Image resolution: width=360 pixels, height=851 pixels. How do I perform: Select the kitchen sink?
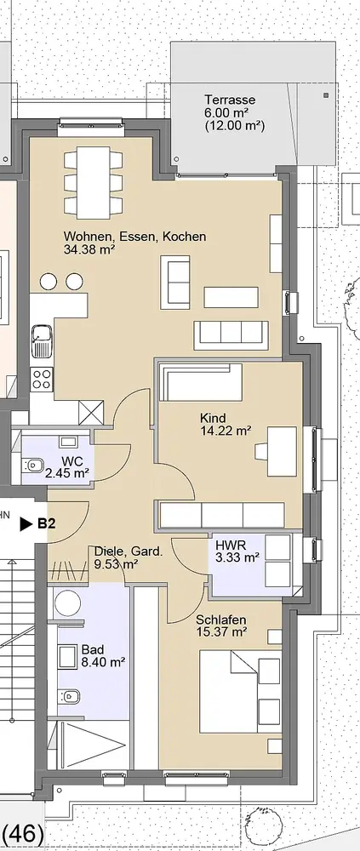click(41, 341)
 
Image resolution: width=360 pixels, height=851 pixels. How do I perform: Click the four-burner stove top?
click(42, 379)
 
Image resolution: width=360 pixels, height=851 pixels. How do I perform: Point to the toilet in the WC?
click(34, 465)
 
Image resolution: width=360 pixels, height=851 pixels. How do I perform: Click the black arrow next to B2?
click(26, 524)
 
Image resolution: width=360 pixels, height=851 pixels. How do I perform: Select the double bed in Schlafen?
click(240, 691)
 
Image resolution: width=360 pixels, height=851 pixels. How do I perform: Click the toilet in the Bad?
click(68, 695)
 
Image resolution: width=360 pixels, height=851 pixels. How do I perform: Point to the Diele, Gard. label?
click(129, 552)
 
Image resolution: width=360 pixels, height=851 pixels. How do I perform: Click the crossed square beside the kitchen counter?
click(91, 413)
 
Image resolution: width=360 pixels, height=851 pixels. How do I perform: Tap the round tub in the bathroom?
click(68, 603)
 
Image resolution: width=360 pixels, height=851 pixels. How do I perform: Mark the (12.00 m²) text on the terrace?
click(235, 125)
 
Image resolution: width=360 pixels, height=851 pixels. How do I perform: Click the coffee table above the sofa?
click(231, 297)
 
